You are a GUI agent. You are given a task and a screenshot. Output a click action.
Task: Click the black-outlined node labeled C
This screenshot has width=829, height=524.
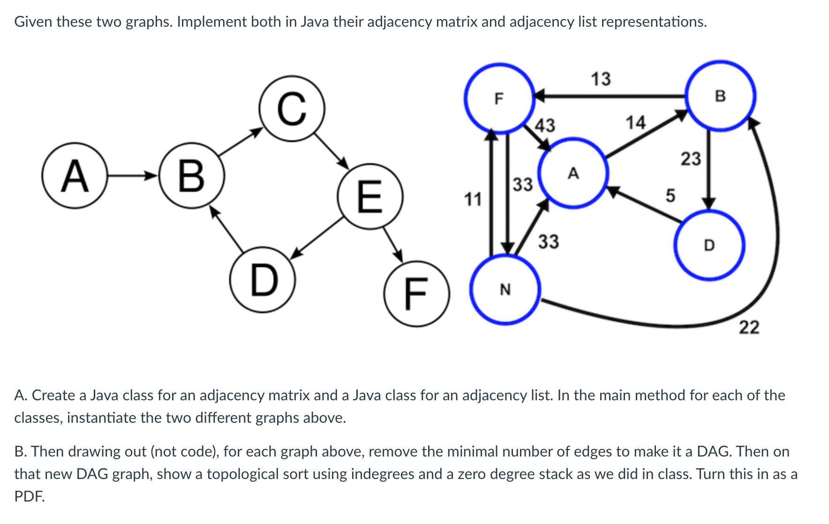pos(292,109)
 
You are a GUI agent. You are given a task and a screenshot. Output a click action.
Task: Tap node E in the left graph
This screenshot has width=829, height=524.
pos(370,196)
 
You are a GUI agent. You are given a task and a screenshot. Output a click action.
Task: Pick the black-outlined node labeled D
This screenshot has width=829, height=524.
pos(263,280)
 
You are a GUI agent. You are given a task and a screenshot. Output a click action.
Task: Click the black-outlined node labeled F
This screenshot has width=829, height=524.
pos(416,294)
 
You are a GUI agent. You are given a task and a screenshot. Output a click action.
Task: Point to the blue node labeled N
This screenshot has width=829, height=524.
pos(505,290)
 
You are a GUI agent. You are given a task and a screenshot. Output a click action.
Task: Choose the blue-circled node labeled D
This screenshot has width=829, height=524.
pos(709,245)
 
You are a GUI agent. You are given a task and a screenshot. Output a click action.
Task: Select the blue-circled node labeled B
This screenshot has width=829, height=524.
pos(720,96)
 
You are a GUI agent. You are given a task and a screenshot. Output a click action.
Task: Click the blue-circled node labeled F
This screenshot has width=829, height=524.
pos(499,98)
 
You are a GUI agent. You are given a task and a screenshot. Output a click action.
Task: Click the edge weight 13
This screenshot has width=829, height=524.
pos(601,79)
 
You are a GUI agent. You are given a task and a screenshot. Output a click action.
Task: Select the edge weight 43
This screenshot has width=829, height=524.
pos(545,125)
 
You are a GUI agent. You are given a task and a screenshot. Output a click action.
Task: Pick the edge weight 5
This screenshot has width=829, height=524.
pos(671,195)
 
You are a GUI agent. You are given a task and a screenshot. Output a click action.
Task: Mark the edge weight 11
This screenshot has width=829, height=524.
pos(473,199)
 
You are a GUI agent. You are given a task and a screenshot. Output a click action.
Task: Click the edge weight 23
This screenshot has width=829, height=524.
pos(691,159)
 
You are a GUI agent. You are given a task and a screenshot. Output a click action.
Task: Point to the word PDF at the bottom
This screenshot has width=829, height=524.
pos(29,496)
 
